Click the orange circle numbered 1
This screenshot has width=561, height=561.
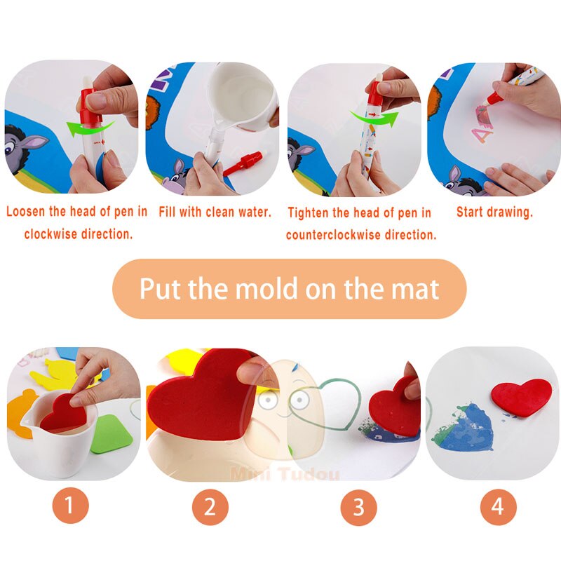pyautogui.click(x=70, y=506)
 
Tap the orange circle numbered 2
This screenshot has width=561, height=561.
pyautogui.click(x=210, y=507)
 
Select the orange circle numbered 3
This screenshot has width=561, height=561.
pyautogui.click(x=358, y=507)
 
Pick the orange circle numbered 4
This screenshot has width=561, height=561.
pyautogui.click(x=498, y=507)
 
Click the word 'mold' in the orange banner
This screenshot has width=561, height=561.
pyautogui.click(x=266, y=288)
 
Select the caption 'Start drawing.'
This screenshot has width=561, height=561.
pyautogui.click(x=495, y=212)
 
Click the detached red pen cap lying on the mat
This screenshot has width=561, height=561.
pyautogui.click(x=245, y=163)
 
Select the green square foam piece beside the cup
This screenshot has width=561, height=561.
pyautogui.click(x=111, y=434)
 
